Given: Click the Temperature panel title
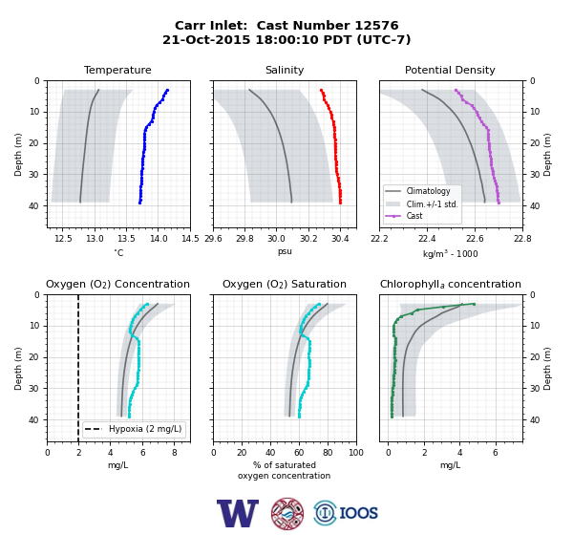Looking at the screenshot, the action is pyautogui.click(x=117, y=70).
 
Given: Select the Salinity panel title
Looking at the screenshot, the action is pyautogui.click(x=285, y=70).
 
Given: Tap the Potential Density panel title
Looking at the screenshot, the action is pyautogui.click(x=450, y=70).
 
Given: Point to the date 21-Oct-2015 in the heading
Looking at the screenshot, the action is pyautogui.click(x=206, y=39).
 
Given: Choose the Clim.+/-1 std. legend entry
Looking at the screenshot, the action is pyautogui.click(x=422, y=203).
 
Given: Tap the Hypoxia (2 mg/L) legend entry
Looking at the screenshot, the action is pyautogui.click(x=134, y=429).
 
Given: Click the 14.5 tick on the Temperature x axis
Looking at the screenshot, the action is pyautogui.click(x=190, y=239).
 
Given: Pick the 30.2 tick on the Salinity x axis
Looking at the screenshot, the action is pyautogui.click(x=308, y=239).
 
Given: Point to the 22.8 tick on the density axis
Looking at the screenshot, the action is pyautogui.click(x=522, y=239).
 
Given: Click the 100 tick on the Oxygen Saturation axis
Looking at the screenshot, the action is pyautogui.click(x=356, y=453).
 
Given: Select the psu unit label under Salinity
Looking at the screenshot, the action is pyautogui.click(x=285, y=251).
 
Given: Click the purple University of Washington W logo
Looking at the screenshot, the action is pyautogui.click(x=238, y=513).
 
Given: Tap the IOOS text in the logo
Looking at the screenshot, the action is pyautogui.click(x=358, y=513).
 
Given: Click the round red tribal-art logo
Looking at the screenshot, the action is pyautogui.click(x=287, y=513).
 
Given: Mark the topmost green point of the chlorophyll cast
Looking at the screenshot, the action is pyautogui.click(x=474, y=304).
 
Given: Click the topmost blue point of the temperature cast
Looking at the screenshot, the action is pyautogui.click(x=167, y=90).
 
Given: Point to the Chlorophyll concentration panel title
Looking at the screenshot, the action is pyautogui.click(x=451, y=284).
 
